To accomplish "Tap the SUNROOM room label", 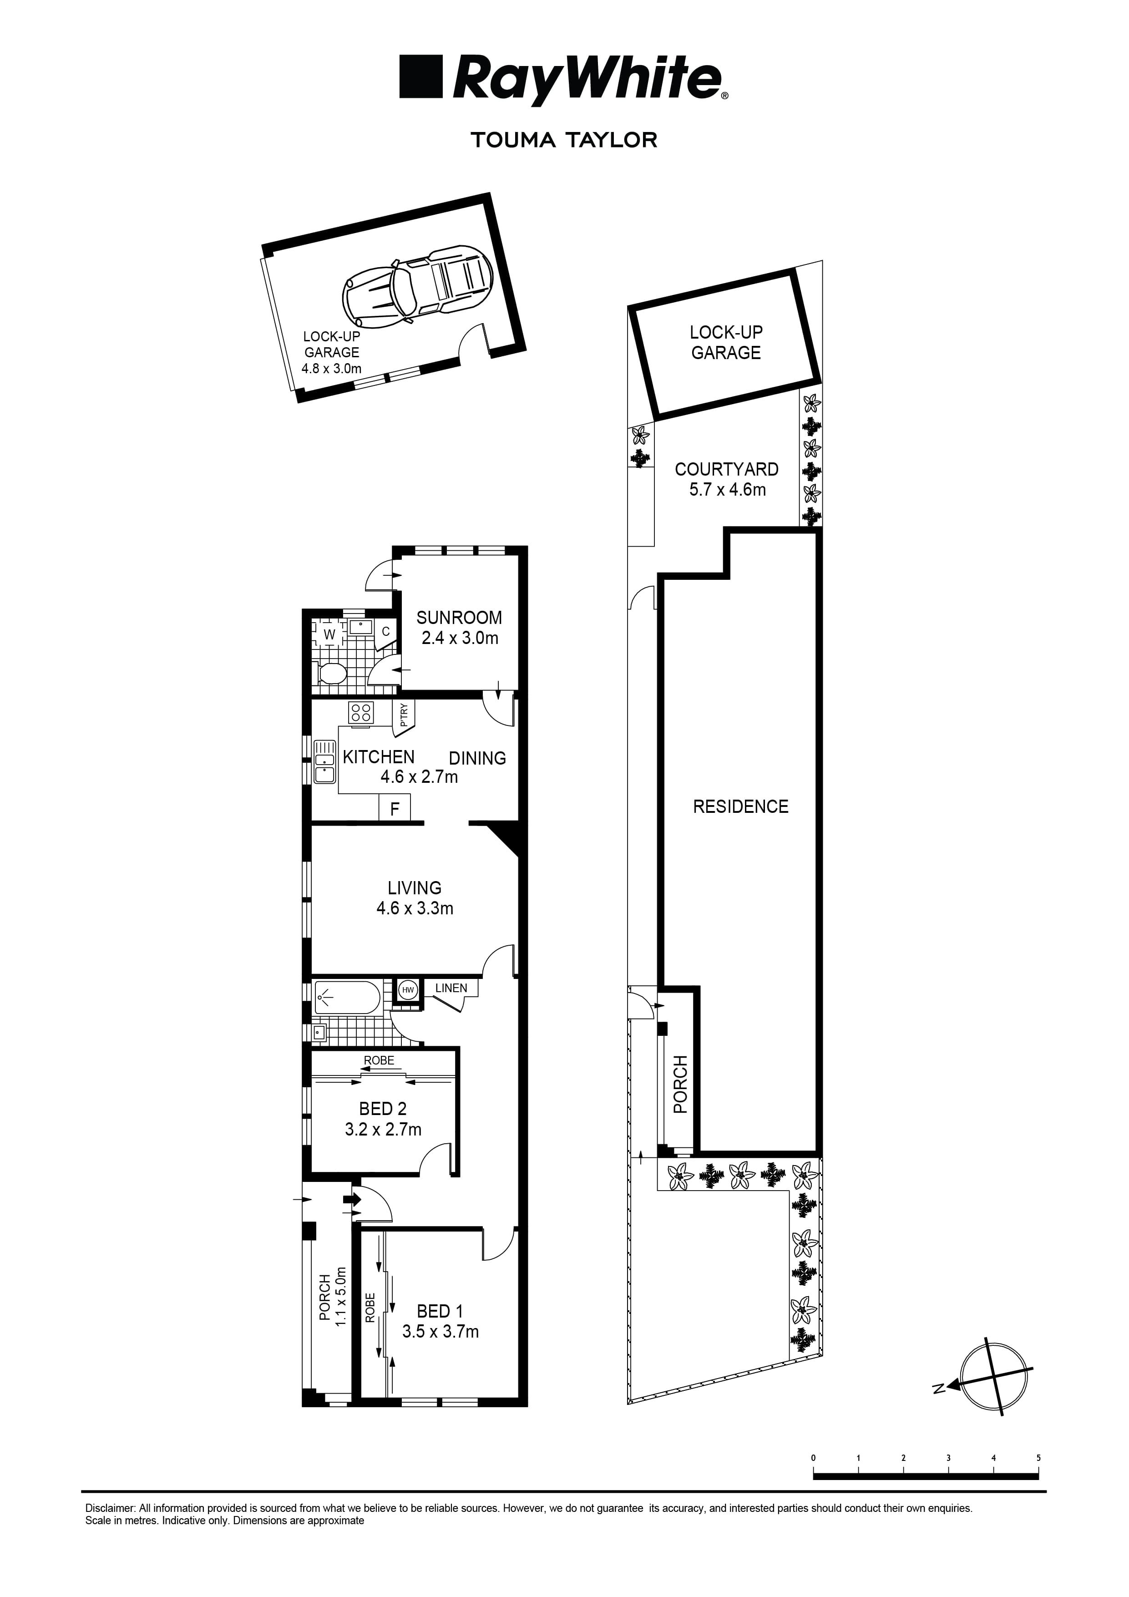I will (459, 617).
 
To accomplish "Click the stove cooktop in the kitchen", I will (361, 712).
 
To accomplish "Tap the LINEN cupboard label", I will (451, 988).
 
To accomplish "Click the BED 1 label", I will (440, 1311).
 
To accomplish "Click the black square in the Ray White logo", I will (421, 77).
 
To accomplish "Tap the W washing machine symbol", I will (330, 634).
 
